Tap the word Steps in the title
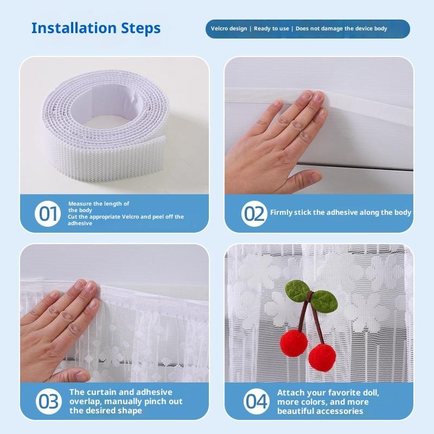pos(141,29)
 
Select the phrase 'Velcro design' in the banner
pos(229,29)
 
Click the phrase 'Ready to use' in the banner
pos(271,29)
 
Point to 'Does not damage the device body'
pos(341,29)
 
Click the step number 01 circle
pos(48,214)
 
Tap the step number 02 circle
pos(254,214)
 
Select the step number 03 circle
pos(49,401)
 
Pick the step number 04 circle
pos(256,401)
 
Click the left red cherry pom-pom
pos(293,343)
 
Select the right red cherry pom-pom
pos(322,358)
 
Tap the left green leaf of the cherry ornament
pos(297,291)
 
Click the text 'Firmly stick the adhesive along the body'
pos(341,212)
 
